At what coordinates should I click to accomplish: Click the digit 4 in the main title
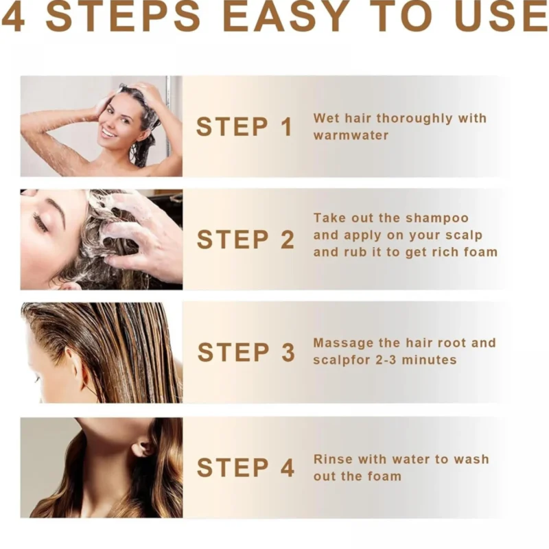tap(14, 16)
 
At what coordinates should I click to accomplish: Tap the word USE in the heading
tap(502, 16)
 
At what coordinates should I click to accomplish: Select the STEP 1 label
tap(244, 126)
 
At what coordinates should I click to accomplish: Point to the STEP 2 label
tap(245, 240)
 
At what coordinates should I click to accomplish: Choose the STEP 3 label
tap(246, 352)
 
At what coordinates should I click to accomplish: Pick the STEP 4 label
tap(245, 467)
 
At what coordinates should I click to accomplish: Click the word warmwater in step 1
tap(351, 135)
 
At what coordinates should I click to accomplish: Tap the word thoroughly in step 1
tap(414, 119)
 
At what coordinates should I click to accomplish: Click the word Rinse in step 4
tap(333, 459)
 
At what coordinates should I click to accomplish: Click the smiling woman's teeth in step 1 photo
tap(109, 134)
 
